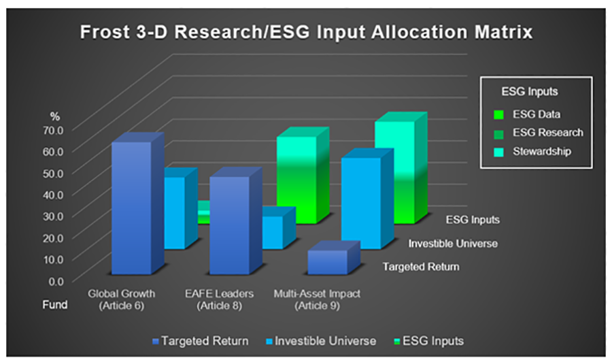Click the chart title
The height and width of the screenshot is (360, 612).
tap(306, 32)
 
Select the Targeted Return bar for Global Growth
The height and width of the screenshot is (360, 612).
tap(131, 208)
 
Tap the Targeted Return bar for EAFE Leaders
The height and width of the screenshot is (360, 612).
tap(230, 225)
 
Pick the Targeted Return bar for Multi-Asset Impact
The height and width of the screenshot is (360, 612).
tap(327, 262)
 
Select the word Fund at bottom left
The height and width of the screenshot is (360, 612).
tap(56, 305)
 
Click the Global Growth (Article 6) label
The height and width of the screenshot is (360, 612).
tap(122, 299)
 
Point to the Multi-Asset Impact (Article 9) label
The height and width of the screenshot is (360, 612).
tap(317, 299)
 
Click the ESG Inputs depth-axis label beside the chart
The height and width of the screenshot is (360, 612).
tap(473, 220)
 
